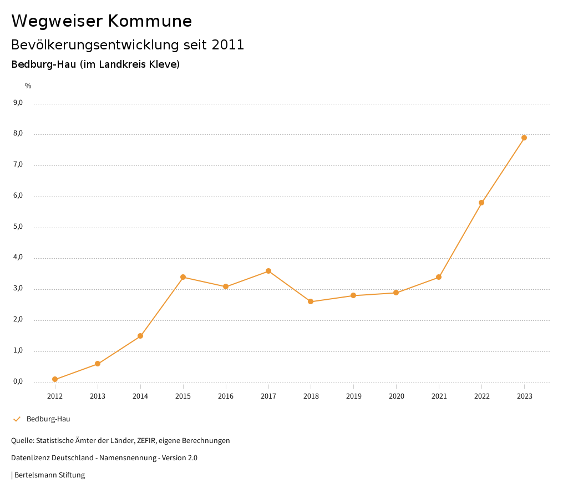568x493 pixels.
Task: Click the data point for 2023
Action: tap(524, 138)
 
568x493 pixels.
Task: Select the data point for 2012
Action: tap(55, 379)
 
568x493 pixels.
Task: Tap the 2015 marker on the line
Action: tap(183, 277)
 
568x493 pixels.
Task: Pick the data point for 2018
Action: tap(311, 301)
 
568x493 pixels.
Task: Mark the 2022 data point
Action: tap(481, 203)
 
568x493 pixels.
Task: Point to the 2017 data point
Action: tap(268, 271)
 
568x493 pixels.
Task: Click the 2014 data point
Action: tap(140, 336)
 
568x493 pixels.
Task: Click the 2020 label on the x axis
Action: tap(396, 396)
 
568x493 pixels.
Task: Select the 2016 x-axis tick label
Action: tap(226, 396)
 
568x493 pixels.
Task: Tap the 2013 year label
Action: tap(98, 396)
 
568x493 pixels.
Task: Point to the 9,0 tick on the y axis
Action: tap(18, 103)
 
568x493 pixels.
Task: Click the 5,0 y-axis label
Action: tap(18, 227)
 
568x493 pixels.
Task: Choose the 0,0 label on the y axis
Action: tap(18, 381)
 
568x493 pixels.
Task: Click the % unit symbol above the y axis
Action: tap(28, 85)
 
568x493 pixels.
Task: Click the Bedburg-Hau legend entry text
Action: tap(48, 419)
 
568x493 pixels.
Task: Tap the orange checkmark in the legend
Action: tap(17, 419)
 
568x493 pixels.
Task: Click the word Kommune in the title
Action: tap(150, 21)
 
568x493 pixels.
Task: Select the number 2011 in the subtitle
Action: tap(228, 45)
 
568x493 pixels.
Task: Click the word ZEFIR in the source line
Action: tap(146, 441)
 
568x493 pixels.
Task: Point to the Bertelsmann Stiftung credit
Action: tap(49, 475)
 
